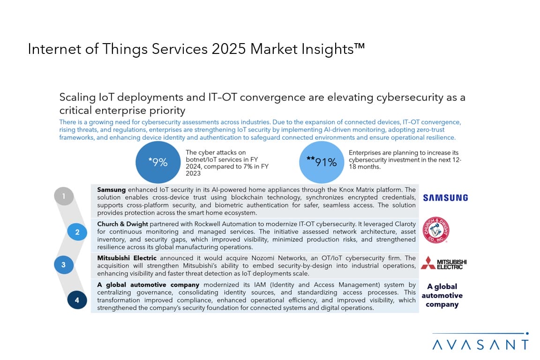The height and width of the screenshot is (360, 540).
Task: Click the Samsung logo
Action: pos(445,198)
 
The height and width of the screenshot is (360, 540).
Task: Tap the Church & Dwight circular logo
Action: pos(436,230)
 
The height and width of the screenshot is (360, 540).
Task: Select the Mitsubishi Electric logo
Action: pos(443,263)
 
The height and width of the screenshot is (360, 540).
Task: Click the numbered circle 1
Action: pos(64,196)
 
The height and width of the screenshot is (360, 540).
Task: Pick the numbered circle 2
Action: pos(77,232)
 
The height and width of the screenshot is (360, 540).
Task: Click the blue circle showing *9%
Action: pos(157,163)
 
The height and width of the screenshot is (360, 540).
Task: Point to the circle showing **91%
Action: pos(322,162)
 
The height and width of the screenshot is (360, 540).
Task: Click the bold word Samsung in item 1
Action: pos(112,190)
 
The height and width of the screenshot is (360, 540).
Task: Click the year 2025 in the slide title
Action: pos(228,49)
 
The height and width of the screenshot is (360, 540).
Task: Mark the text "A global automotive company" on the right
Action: pos(442,295)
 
